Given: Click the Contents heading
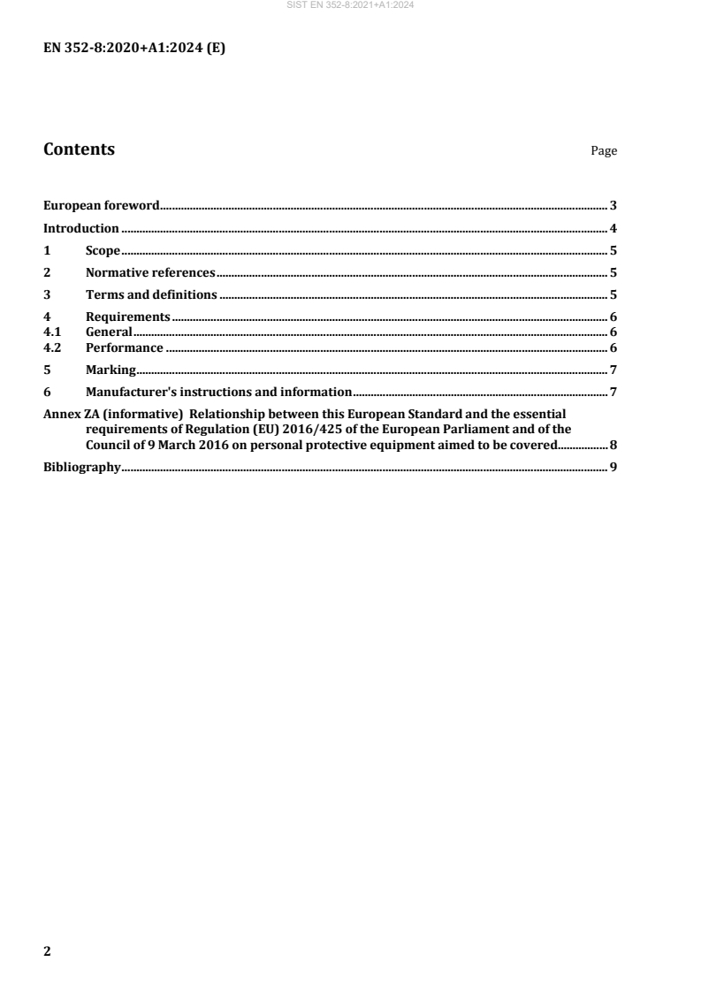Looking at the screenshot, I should (79, 149).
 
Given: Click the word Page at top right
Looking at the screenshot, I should (604, 151).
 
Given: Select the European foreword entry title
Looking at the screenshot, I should (102, 206).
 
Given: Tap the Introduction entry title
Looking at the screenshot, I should (81, 228).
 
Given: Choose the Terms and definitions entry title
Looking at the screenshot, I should (151, 295).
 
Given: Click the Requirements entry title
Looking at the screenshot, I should (127, 317).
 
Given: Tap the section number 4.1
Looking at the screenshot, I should (53, 332).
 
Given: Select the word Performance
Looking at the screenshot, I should (124, 347).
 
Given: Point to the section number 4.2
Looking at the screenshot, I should (53, 347).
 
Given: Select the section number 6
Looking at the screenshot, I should (48, 392).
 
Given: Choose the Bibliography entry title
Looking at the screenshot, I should (82, 467).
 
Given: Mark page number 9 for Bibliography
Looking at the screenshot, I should (613, 467).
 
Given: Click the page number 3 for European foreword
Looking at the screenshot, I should (613, 206).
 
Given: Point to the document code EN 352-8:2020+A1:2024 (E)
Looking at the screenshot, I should (134, 50).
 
